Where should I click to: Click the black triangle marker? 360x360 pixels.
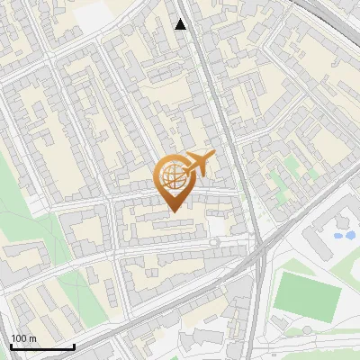tap(181, 24)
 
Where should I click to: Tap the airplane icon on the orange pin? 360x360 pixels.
tap(198, 164)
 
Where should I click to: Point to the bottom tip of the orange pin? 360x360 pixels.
tap(172, 211)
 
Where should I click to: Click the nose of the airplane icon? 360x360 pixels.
tap(214, 155)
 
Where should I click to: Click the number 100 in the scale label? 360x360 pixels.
tap(18, 338)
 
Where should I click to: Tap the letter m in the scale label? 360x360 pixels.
tap(31, 338)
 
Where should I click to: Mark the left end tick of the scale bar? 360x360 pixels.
tap(11, 346)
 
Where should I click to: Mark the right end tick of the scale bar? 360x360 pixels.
tap(74, 346)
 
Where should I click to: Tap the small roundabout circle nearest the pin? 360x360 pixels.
tap(213, 242)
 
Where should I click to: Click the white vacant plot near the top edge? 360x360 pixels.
tap(99, 13)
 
